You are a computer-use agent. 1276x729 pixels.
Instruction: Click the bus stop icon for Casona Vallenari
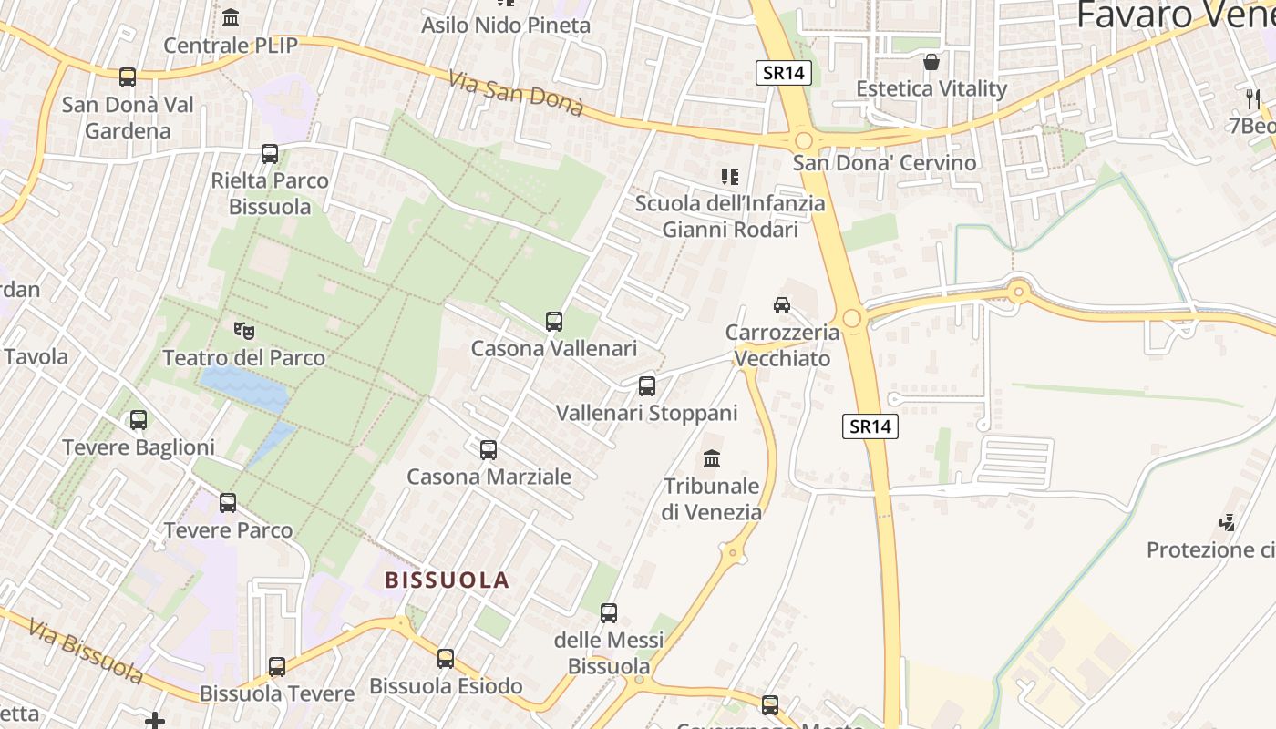(554, 321)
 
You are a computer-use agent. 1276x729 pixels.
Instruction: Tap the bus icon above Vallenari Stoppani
(647, 385)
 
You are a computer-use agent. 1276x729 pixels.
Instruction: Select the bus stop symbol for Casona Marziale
(489, 449)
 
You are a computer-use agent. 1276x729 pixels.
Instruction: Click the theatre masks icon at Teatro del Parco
(243, 330)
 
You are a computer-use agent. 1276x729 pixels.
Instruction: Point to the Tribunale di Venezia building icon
(712, 457)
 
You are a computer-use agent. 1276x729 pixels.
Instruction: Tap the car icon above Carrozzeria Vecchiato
(781, 304)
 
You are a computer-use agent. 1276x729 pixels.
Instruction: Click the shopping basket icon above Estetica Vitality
(931, 62)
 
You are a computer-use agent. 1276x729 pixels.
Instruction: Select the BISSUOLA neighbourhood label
(447, 580)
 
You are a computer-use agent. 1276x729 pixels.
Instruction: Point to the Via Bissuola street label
(86, 651)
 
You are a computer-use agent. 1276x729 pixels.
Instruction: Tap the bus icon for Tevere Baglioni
(139, 420)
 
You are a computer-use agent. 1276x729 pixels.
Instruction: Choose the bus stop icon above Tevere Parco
(228, 502)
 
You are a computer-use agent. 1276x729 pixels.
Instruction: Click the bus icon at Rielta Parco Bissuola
(270, 153)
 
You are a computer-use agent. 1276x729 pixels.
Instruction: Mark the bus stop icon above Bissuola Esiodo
(446, 658)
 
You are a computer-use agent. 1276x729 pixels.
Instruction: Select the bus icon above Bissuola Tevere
(277, 666)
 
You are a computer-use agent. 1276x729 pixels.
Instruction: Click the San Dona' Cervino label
(884, 163)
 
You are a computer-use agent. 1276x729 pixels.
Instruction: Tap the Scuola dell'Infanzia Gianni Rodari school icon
(729, 176)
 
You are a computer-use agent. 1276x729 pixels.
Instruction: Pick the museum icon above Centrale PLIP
(231, 17)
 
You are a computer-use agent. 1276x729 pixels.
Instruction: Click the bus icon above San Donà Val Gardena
(128, 77)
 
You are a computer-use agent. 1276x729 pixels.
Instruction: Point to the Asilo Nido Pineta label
(506, 26)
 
